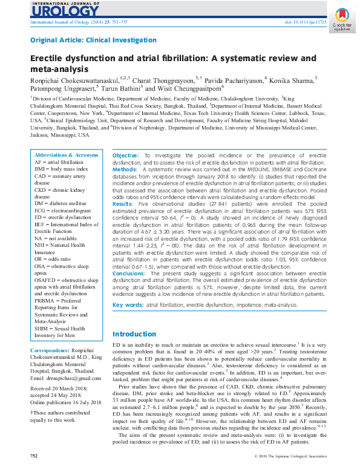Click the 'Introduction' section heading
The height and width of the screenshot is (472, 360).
[x=134, y=334]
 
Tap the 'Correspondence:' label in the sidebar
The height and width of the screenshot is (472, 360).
[x=51, y=350]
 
